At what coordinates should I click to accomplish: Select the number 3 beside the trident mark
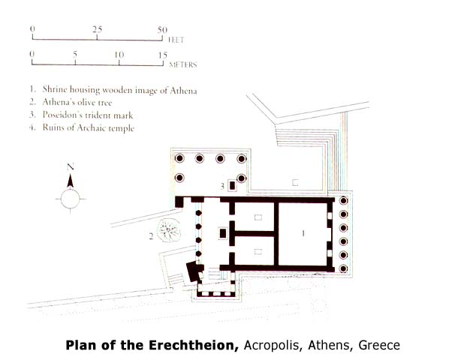point(222,184)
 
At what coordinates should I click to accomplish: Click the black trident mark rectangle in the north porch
point(232,184)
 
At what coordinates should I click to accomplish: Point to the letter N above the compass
point(70,166)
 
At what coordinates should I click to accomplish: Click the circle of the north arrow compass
point(70,199)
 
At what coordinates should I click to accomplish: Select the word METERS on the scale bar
point(182,65)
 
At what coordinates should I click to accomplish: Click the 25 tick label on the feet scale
point(97,28)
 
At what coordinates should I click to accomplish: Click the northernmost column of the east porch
point(345,201)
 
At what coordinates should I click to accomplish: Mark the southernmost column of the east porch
point(345,268)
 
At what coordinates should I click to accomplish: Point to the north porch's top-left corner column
point(179,159)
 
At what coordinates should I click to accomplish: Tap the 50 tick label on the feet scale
point(162,28)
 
